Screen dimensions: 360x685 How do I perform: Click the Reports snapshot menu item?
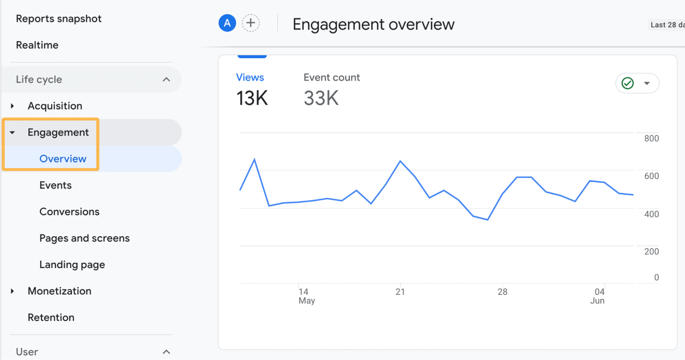click(x=59, y=19)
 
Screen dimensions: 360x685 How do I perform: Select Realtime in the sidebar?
click(x=37, y=45)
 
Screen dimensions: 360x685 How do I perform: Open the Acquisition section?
click(x=55, y=106)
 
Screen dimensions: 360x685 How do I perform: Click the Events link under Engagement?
click(x=56, y=185)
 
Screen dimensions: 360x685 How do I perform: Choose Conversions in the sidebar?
click(x=69, y=212)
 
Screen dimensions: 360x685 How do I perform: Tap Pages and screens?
click(x=84, y=238)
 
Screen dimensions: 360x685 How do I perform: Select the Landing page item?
click(x=72, y=265)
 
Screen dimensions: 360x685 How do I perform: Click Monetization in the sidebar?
click(x=59, y=291)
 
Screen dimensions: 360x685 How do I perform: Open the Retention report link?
click(x=51, y=317)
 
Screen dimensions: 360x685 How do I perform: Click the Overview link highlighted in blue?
click(x=63, y=159)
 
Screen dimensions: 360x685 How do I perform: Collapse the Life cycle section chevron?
click(x=166, y=80)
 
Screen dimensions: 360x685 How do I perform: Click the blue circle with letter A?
click(x=227, y=23)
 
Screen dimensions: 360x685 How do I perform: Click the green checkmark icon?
click(x=627, y=83)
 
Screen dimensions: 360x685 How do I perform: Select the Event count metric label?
click(x=331, y=77)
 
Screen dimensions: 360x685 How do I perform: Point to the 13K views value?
click(x=252, y=98)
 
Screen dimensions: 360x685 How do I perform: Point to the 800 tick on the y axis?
click(x=651, y=139)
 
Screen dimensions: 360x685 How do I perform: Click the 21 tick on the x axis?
click(x=400, y=292)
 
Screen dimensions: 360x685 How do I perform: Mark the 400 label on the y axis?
click(x=651, y=214)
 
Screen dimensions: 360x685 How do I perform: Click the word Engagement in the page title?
click(x=339, y=25)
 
